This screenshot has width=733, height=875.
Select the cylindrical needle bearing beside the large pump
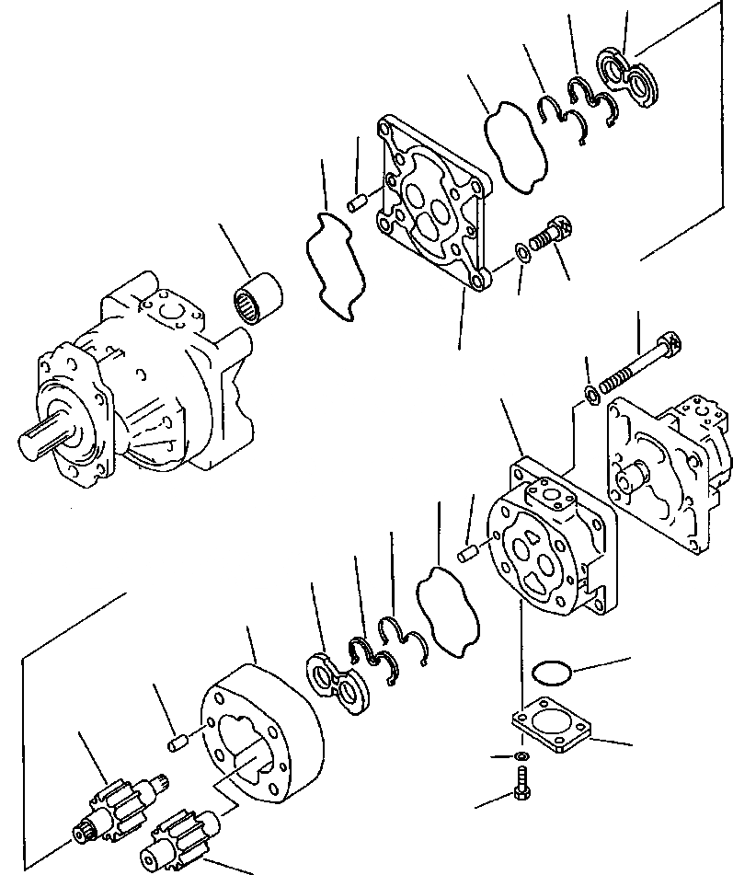point(257,302)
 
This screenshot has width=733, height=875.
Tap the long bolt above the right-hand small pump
point(642,363)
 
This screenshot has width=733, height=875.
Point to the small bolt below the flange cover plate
point(521,782)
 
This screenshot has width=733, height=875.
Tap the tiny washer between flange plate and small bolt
point(521,755)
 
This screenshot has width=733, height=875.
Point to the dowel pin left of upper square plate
point(359,201)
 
